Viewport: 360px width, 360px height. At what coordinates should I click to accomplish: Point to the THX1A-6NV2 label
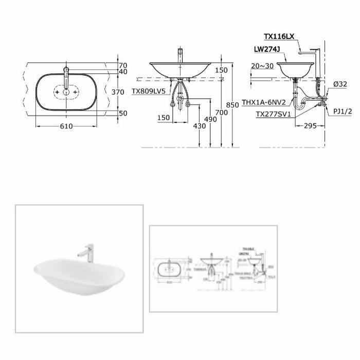[x=272, y=102]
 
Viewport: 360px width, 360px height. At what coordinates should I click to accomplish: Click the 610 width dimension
[x=65, y=125]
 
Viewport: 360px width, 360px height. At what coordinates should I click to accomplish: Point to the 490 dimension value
[x=209, y=119]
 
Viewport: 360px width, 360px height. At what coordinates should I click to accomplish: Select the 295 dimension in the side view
[x=310, y=125]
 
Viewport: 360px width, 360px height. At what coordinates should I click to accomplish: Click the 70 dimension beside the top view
[x=122, y=65]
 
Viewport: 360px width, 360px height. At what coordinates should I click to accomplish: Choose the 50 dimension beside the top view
[x=122, y=113]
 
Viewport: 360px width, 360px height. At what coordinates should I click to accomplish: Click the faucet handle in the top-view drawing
[x=66, y=74]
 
